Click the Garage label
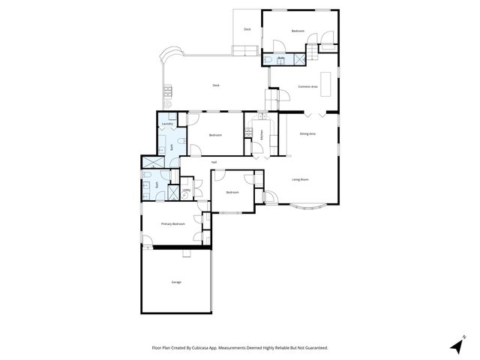click(x=176, y=282)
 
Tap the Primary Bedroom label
click(x=172, y=224)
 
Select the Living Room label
click(x=300, y=179)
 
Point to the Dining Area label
click(x=307, y=133)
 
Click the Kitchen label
click(x=262, y=136)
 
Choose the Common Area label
click(x=307, y=87)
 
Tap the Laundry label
click(x=167, y=124)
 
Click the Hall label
click(x=214, y=162)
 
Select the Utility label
click(x=187, y=190)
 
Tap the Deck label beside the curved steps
click(x=216, y=85)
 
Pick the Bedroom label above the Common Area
click(x=298, y=31)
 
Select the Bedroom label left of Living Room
click(x=232, y=193)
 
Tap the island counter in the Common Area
click(x=325, y=79)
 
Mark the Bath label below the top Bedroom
click(x=281, y=58)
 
